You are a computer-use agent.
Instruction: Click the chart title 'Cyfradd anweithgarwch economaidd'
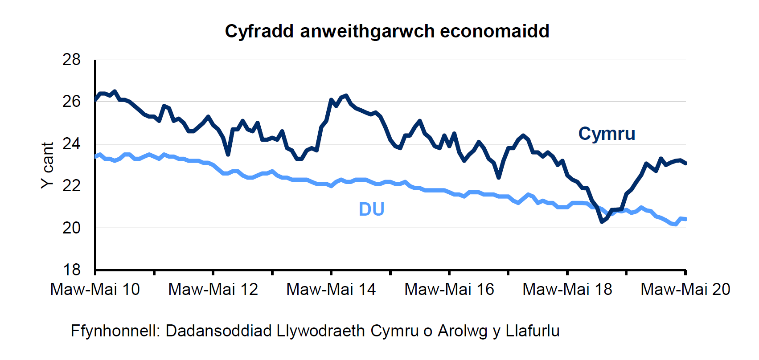point(387,31)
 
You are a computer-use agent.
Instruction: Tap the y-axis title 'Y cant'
point(47,165)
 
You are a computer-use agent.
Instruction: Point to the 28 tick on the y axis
point(72,60)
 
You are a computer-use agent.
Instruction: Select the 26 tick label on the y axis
point(72,102)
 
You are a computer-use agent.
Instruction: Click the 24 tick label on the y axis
point(72,144)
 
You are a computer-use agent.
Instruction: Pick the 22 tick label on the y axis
point(72,186)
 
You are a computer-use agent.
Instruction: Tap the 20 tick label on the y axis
point(72,228)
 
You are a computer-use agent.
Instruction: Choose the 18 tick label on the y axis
point(72,270)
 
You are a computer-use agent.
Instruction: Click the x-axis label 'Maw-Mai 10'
point(95,290)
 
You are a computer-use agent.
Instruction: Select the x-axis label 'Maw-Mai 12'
point(213,290)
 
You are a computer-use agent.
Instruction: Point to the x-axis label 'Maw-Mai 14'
point(331,290)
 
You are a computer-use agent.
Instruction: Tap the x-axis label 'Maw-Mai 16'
point(449,290)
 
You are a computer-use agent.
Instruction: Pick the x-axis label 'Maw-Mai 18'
point(567,290)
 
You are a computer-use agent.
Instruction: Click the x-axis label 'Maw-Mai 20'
point(685,290)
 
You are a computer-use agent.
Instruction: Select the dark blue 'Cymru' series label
point(607,134)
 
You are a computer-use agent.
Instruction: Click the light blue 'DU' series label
point(371,209)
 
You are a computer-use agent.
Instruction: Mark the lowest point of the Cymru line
point(602,221)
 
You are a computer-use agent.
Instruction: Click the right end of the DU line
point(685,219)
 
